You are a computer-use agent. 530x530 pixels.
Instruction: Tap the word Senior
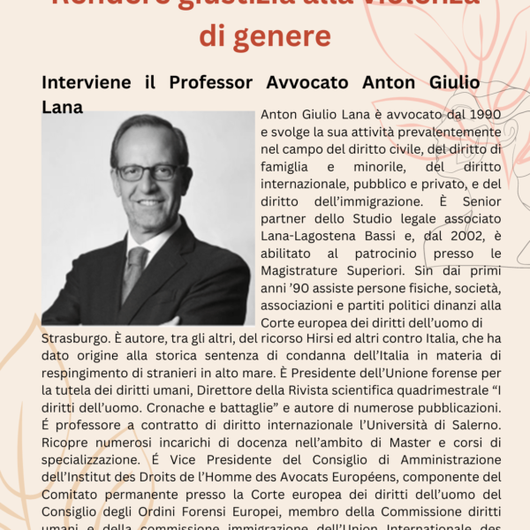pos(481,201)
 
